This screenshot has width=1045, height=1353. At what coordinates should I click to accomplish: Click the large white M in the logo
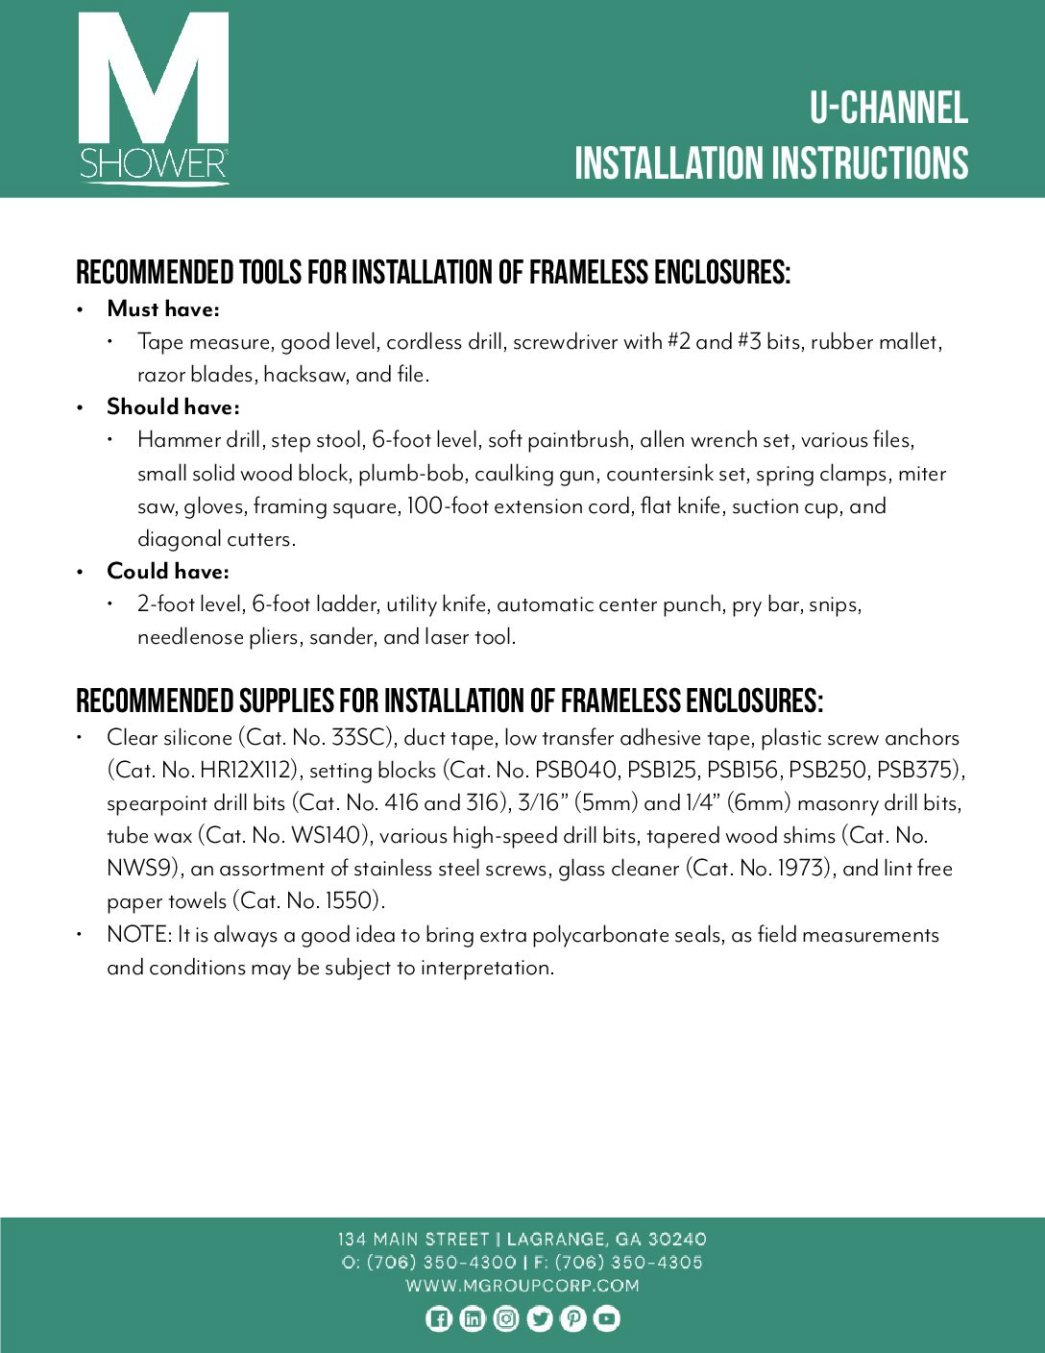point(154,82)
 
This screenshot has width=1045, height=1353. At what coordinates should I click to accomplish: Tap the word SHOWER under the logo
point(154,164)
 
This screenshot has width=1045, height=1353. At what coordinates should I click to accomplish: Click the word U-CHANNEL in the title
point(887,109)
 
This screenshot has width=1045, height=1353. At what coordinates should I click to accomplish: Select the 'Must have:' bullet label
point(163,308)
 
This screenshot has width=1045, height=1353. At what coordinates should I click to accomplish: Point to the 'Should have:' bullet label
point(173,406)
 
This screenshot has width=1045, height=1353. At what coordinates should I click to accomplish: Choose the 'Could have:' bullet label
point(168,571)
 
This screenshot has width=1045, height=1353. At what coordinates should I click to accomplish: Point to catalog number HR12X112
point(248,770)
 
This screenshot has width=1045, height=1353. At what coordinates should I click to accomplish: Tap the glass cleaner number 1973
point(800,868)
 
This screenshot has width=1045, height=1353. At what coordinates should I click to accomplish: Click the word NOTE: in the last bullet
point(139,934)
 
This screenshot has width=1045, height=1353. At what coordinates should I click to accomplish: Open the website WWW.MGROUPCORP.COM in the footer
point(522,1285)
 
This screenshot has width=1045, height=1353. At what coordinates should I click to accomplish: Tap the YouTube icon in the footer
point(606,1318)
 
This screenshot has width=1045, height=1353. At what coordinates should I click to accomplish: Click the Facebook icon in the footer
point(438,1318)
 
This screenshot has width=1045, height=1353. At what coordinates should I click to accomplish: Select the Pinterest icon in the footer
point(572,1318)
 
